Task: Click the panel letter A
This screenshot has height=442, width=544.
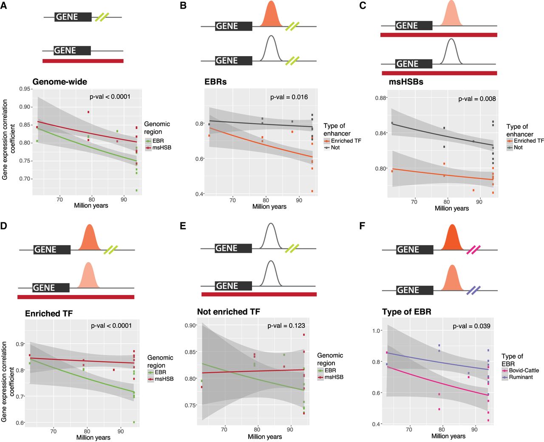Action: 4,6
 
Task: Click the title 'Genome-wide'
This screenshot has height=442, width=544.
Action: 60,82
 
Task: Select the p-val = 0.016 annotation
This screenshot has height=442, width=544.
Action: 289,97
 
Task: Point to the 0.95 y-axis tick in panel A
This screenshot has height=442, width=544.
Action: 25,89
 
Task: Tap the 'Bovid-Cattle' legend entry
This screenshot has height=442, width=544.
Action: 524,370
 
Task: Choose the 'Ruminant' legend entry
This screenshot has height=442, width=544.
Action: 521,377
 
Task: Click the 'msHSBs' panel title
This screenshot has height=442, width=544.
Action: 406,82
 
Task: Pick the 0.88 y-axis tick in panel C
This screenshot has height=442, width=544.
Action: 381,98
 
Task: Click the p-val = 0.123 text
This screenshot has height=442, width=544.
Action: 286,326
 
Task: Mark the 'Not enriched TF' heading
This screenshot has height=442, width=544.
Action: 229,312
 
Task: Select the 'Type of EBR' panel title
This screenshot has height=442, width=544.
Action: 407,312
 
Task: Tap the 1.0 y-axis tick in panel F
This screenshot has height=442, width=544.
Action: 377,331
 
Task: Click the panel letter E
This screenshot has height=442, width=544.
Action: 183,226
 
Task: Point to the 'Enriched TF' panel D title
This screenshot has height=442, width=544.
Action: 49,314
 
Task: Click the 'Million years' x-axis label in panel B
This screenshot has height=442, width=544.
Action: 269,207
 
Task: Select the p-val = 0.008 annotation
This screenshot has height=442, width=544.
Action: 477,99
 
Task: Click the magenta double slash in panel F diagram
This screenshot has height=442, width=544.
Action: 473,250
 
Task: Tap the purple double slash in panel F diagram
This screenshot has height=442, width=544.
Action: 473,291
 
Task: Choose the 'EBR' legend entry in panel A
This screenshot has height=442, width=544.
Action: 158,141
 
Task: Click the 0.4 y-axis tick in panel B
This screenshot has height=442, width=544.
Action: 199,194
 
